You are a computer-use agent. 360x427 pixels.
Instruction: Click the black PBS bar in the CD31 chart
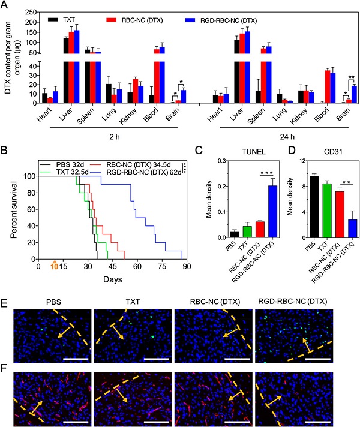click(x=296, y=206)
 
